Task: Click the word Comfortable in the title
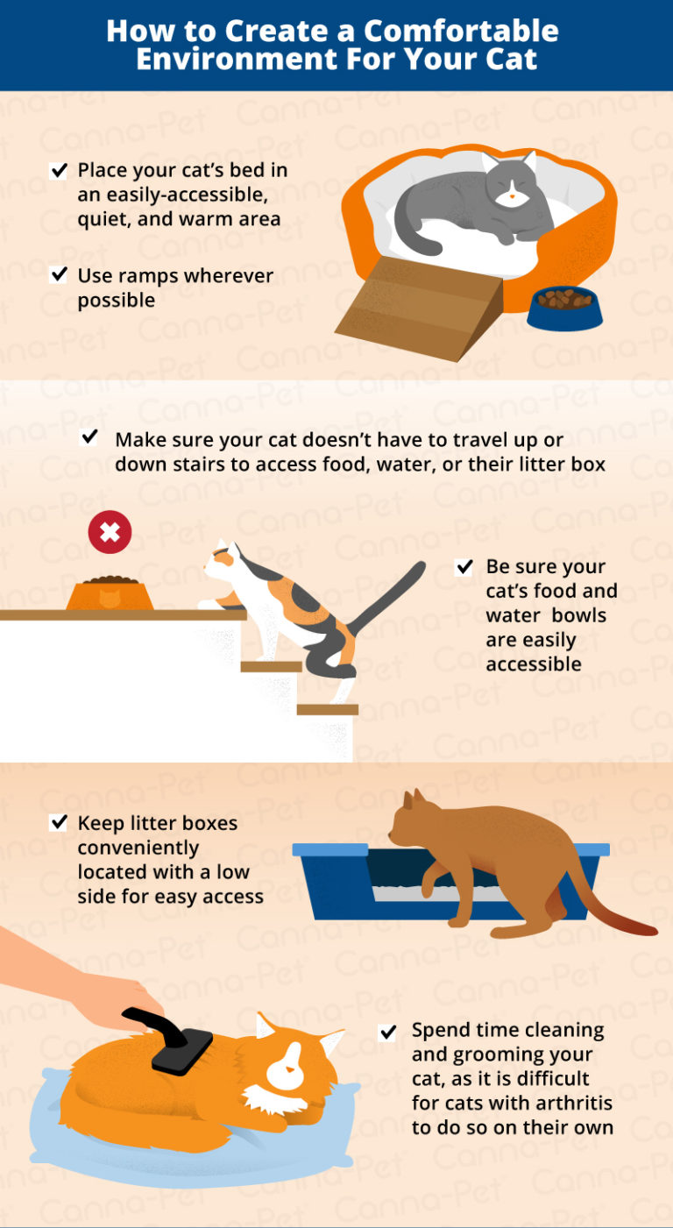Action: tap(461, 32)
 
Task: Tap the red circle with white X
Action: tap(110, 533)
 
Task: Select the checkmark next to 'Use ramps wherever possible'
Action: tap(59, 275)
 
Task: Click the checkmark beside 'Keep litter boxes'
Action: tap(59, 822)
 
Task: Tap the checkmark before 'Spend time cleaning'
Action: tap(388, 1032)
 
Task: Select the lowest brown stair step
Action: tap(327, 709)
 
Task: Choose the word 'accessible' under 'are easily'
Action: tap(533, 664)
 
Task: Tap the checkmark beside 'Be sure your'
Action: tap(464, 567)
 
